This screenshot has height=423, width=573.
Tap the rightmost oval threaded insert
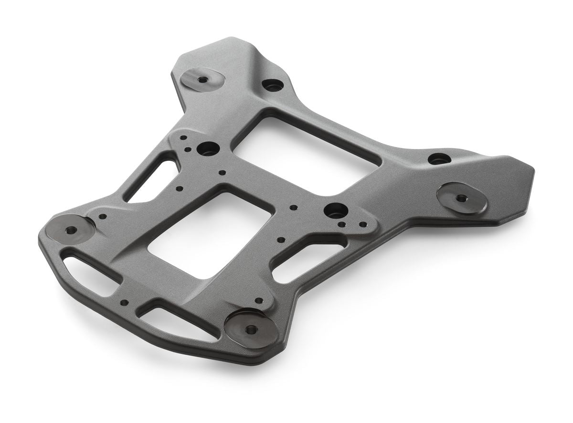tap(461, 198)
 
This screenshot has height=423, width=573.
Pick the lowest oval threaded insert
tap(251, 329)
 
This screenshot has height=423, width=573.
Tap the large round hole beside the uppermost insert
tap(273, 85)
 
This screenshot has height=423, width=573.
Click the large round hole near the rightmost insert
tap(438, 159)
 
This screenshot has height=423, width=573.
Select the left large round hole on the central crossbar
tap(208, 148)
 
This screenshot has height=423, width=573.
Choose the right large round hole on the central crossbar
tap(336, 210)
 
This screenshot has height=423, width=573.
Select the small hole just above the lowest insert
tap(259, 301)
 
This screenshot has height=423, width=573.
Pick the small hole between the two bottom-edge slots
tap(124, 302)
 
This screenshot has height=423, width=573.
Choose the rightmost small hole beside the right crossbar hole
tap(363, 224)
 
